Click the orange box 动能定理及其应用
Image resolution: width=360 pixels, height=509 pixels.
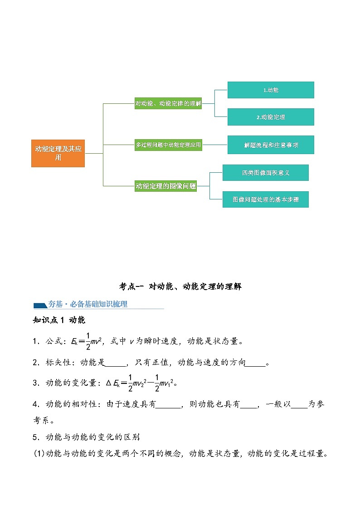click(x=58, y=153)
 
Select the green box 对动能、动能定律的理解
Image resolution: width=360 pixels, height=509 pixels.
click(x=168, y=104)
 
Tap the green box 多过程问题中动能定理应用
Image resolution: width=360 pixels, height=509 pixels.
click(x=168, y=145)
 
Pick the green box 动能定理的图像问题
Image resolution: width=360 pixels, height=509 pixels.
click(x=165, y=185)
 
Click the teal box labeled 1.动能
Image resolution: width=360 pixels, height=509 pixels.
click(x=271, y=90)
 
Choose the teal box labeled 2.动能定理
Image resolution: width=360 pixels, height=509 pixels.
click(x=271, y=117)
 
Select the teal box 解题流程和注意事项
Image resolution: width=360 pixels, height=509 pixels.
click(x=271, y=145)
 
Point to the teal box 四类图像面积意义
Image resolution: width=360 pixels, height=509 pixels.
click(x=265, y=173)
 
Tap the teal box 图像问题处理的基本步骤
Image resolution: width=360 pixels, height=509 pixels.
click(x=265, y=199)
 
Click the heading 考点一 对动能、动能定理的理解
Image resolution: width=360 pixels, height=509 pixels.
click(x=180, y=286)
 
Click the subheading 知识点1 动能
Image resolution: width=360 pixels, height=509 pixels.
click(x=59, y=320)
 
